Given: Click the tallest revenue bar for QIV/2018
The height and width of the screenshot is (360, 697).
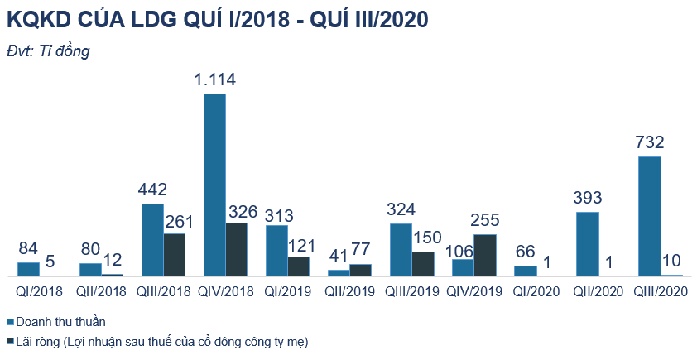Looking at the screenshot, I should click(x=214, y=185).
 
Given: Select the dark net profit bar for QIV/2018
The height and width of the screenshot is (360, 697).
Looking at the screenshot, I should click(x=236, y=249).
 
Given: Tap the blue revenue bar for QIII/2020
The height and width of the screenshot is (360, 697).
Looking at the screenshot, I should click(x=650, y=216).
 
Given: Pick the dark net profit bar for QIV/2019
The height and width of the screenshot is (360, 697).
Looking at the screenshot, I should click(x=485, y=255).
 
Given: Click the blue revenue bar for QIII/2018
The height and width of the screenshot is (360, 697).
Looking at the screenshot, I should click(x=152, y=239).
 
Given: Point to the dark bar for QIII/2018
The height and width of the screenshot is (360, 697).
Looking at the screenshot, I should click(x=174, y=255).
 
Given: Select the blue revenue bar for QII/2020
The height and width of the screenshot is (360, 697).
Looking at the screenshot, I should click(x=588, y=243).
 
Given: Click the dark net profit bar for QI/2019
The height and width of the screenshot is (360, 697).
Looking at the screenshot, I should click(x=298, y=266).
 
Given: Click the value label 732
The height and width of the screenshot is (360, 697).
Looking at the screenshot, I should click(x=650, y=142).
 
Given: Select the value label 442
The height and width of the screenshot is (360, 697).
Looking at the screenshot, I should click(x=152, y=190).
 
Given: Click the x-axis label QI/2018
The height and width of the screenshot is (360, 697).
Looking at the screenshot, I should click(x=38, y=291).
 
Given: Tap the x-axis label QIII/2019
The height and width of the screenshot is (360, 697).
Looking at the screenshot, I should click(x=411, y=291).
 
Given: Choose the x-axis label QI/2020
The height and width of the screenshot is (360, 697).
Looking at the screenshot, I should click(x=536, y=291).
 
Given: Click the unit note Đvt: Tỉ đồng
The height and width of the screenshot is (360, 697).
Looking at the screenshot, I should click(x=47, y=50).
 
